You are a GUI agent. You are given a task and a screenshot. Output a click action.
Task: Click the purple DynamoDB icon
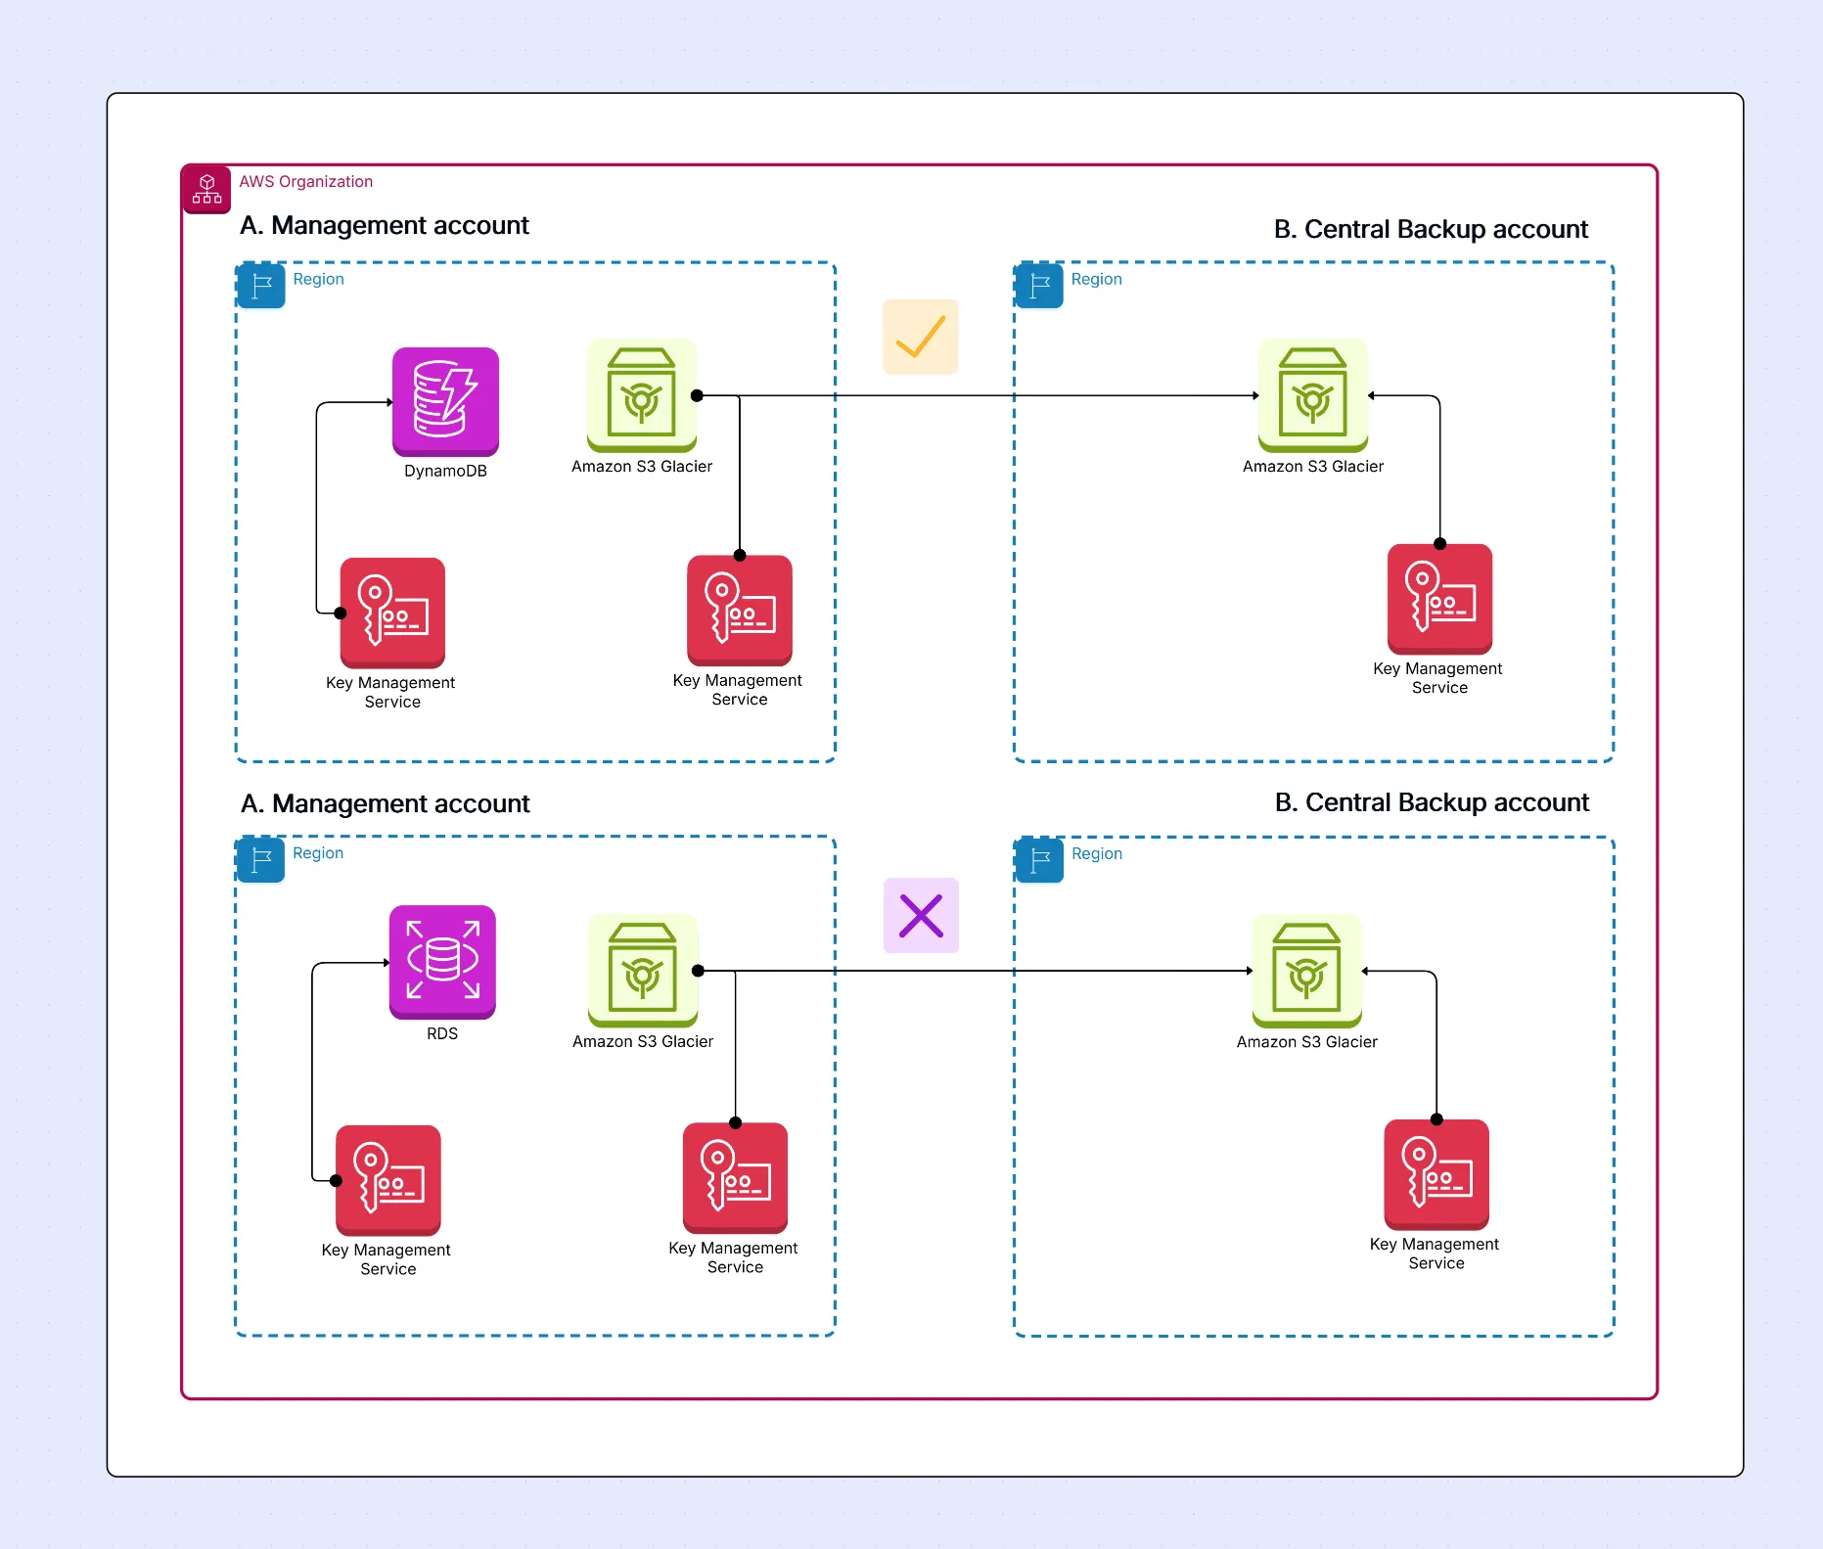click(445, 401)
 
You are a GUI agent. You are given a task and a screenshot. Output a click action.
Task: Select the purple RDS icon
click(442, 961)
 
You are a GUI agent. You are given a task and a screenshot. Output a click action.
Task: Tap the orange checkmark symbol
click(920, 337)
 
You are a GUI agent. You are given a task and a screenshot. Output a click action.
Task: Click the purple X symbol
click(921, 916)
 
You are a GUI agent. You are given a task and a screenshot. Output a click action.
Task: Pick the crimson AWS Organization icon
click(206, 188)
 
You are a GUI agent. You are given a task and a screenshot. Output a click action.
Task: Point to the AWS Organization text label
click(305, 182)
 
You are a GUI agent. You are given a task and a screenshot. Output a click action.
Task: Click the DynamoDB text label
click(445, 471)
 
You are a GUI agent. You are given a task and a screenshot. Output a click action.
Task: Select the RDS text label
click(442, 1033)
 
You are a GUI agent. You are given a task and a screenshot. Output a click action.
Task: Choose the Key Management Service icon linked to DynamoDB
click(392, 613)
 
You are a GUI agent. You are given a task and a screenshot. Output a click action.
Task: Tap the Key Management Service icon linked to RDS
click(388, 1180)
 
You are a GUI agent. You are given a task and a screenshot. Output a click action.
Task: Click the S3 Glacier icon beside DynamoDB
click(642, 395)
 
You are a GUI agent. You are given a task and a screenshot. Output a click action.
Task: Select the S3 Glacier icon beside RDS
click(643, 970)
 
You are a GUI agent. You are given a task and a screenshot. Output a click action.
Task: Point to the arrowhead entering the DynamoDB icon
click(388, 402)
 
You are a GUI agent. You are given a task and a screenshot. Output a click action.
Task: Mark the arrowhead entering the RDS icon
click(386, 963)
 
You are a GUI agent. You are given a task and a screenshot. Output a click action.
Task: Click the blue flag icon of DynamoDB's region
click(261, 286)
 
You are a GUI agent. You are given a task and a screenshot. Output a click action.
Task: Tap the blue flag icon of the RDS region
click(261, 860)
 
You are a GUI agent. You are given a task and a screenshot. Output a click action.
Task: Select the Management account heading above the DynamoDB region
click(384, 226)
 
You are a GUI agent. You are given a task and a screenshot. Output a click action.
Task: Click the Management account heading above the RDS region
click(385, 804)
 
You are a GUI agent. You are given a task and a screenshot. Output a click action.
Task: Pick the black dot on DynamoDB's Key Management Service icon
click(341, 614)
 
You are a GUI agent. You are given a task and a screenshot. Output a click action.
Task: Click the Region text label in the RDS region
click(318, 853)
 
